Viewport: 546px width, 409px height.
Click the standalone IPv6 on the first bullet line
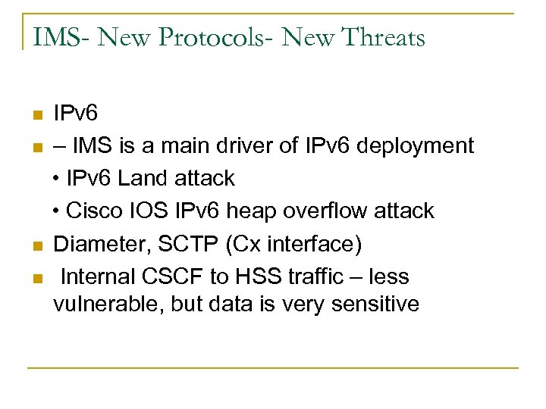[76, 114]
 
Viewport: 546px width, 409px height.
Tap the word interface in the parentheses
[309, 244]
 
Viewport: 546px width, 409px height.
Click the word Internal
[96, 276]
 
